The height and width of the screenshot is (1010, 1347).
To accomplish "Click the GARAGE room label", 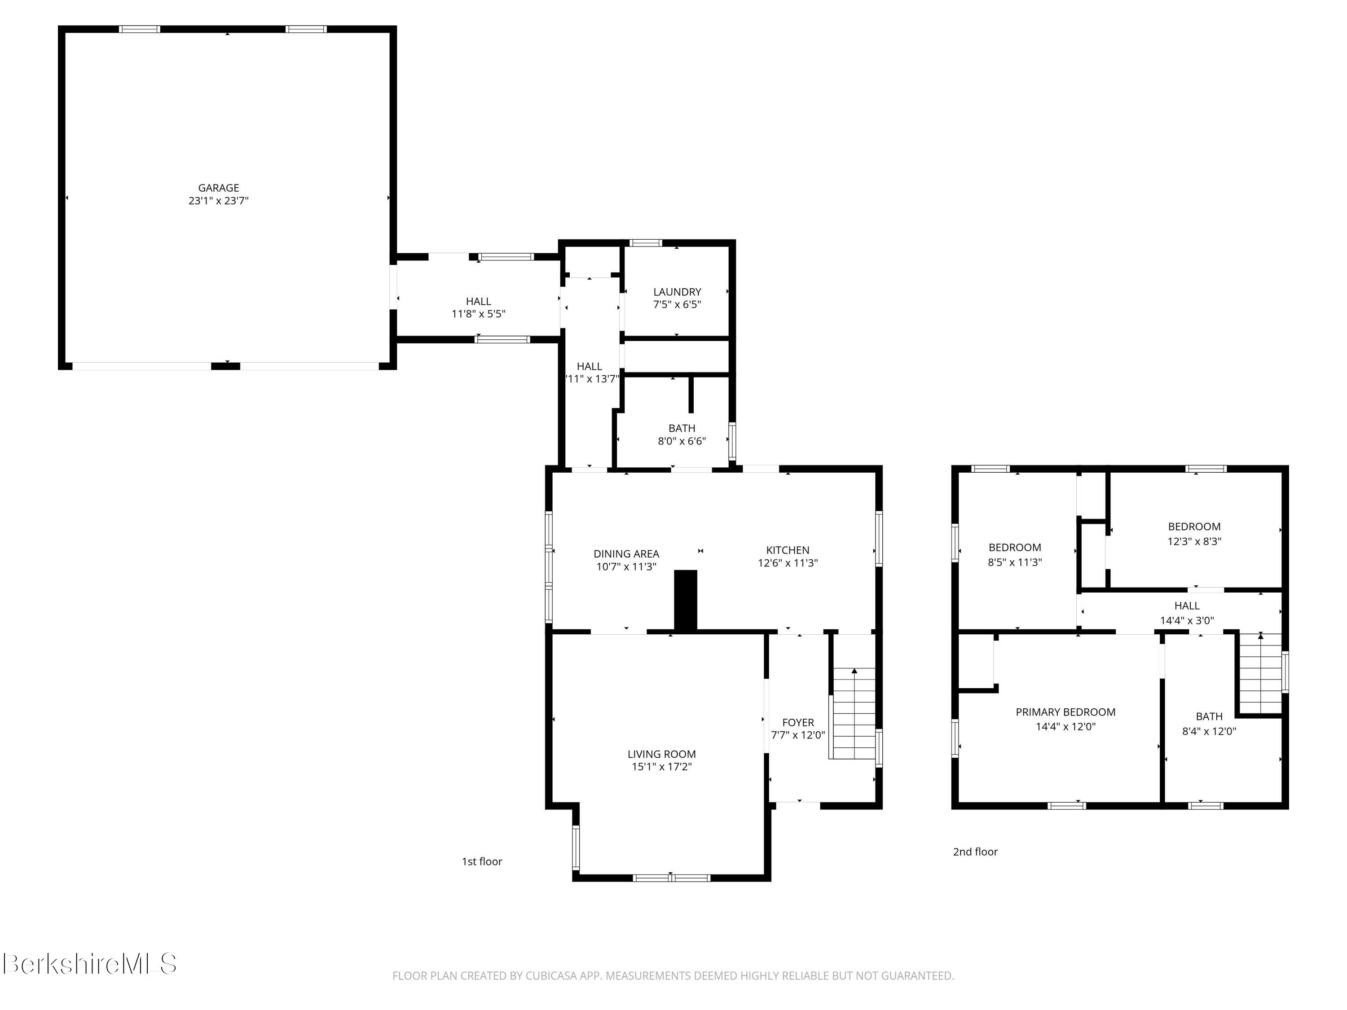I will pyautogui.click(x=218, y=188).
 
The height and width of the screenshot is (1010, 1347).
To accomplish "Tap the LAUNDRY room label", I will pyautogui.click(x=677, y=292).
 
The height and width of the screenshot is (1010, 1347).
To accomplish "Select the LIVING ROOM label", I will pyautogui.click(x=661, y=754).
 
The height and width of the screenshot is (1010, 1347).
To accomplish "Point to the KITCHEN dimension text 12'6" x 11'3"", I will pyautogui.click(x=788, y=563).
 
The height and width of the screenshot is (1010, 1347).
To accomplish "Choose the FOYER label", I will pyautogui.click(x=798, y=722).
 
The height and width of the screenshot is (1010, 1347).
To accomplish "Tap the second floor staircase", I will pyautogui.click(x=1260, y=673).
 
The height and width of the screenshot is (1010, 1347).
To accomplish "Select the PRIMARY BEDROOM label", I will pyautogui.click(x=1065, y=711).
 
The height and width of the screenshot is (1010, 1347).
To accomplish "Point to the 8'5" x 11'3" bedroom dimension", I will pyautogui.click(x=1014, y=562).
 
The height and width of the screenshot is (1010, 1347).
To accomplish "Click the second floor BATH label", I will pyautogui.click(x=1209, y=716).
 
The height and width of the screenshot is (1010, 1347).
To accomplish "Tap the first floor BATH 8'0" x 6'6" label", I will pyautogui.click(x=682, y=435).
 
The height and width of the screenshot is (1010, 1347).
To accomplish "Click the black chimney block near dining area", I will pyautogui.click(x=685, y=600).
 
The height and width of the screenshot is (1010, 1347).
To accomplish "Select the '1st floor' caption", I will pyautogui.click(x=482, y=861).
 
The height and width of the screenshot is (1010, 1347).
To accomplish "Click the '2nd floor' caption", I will pyautogui.click(x=975, y=852).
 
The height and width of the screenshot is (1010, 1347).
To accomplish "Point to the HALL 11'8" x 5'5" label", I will pyautogui.click(x=478, y=307).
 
